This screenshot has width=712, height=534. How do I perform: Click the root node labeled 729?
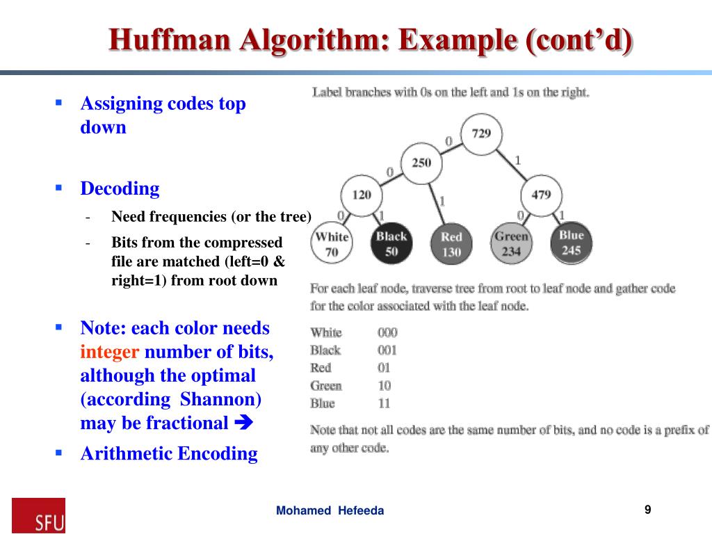481,133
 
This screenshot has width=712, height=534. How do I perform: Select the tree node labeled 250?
421,163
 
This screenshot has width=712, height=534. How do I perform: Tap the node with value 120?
362,195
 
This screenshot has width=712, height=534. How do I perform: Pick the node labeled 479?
540,195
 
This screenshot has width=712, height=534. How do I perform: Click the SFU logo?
39,515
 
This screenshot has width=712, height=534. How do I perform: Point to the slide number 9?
647,510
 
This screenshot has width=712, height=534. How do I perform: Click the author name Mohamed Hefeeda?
330,511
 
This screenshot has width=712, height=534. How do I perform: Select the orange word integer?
110,352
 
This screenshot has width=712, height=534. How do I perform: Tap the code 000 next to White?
387,332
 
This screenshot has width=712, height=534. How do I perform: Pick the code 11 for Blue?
385,403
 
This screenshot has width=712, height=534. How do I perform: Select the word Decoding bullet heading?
120,188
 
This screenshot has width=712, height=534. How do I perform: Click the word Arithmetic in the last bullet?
127,454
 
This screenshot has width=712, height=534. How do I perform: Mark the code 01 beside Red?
385,368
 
